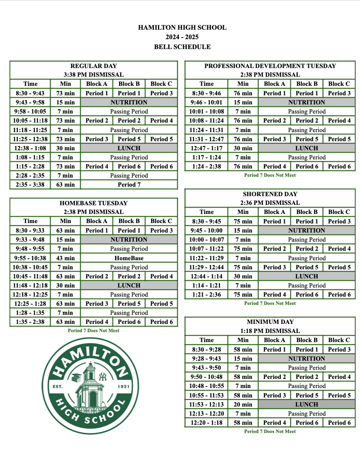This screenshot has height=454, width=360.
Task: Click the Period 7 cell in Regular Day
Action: tap(129, 185)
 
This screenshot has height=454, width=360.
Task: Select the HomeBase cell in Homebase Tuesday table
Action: tap(129, 258)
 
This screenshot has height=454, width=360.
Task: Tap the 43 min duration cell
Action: tap(66, 258)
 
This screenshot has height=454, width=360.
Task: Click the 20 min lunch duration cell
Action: tap(243, 405)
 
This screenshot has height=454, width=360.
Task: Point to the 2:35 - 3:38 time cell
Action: tap(30, 185)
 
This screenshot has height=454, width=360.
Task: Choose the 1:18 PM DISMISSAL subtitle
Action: tap(270, 331)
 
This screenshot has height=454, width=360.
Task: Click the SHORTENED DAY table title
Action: tap(270, 194)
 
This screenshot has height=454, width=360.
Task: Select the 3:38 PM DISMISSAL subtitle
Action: tap(94, 74)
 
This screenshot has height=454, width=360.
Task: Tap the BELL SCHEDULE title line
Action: tap(182, 47)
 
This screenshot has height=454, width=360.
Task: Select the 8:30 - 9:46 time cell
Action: tap(207, 93)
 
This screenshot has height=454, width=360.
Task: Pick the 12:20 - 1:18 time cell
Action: tap(207, 423)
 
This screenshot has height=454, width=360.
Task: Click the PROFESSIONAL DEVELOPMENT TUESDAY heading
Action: tap(270, 66)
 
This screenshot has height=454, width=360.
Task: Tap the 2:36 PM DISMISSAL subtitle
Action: tap(270, 203)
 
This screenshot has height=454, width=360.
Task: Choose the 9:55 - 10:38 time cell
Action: tap(30, 258)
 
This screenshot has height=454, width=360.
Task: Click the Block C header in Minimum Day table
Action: tap(339, 340)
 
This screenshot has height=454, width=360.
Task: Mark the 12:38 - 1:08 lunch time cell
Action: tap(30, 148)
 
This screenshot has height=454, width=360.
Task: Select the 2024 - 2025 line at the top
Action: tap(182, 37)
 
